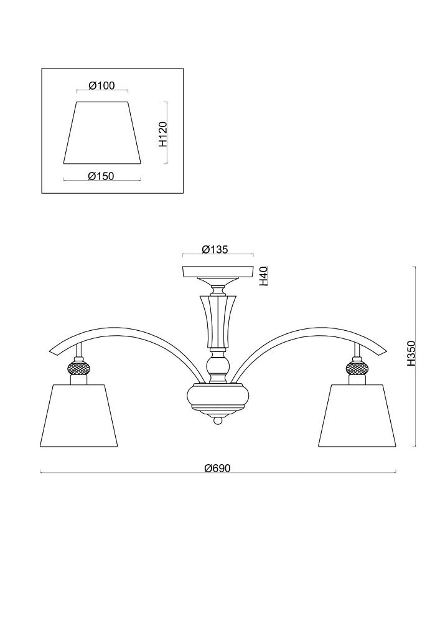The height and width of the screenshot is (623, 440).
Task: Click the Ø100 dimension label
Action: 101,85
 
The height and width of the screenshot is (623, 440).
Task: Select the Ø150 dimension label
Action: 101,176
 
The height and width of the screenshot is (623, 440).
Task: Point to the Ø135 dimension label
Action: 215,250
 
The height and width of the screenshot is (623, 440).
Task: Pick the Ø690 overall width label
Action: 217,468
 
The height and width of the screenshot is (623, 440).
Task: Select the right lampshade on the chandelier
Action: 357,415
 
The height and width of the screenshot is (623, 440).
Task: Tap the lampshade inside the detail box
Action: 102,133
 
